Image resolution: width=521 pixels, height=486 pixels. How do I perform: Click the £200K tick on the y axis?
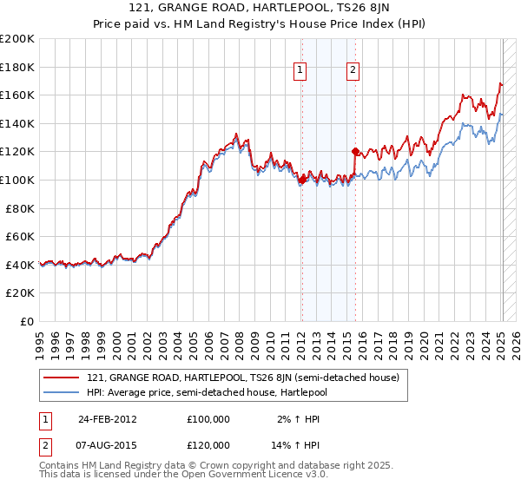coord(17,39)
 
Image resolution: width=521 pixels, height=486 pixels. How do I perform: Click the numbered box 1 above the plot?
coord(300,71)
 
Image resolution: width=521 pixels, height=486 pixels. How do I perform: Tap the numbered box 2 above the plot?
coord(354,71)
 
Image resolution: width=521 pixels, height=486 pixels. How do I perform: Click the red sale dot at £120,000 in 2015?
coord(354,151)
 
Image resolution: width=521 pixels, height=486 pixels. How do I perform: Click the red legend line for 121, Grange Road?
coord(61,378)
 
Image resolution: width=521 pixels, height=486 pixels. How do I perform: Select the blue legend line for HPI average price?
coord(61,393)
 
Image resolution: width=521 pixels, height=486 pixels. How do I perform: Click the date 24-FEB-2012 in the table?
coord(108,418)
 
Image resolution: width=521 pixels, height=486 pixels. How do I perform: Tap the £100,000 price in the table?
coord(208,418)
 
